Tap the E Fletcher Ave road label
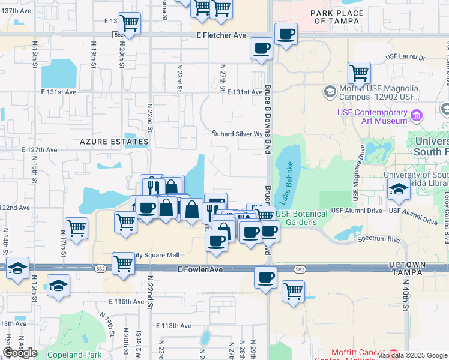221,35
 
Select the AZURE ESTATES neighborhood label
114,142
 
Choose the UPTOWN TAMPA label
424,269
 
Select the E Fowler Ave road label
200,270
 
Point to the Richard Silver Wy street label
237,134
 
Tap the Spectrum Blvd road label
378,239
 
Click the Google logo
20,353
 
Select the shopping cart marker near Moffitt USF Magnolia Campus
359,72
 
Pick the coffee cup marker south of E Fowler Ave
265,278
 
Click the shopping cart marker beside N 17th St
76,228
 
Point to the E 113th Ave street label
173,326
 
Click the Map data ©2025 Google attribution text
412,355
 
